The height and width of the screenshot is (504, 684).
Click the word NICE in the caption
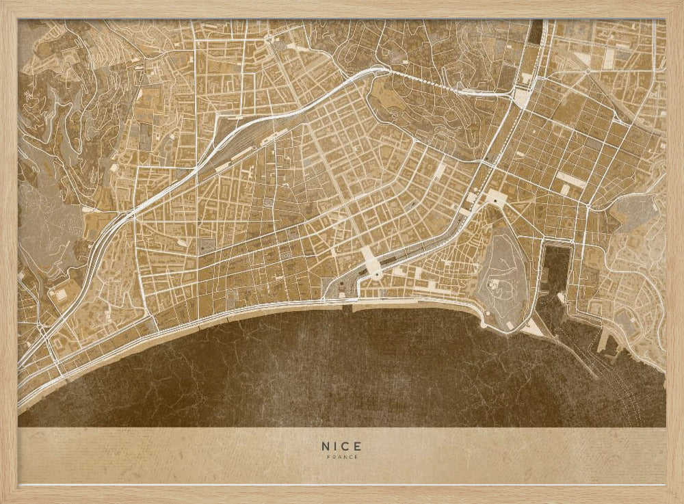pos(341,445)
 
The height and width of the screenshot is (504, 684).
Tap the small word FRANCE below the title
pos(341,457)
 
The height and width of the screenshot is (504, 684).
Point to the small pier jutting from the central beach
pos(348,308)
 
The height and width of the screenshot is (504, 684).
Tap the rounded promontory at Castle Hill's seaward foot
pos(487,321)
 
